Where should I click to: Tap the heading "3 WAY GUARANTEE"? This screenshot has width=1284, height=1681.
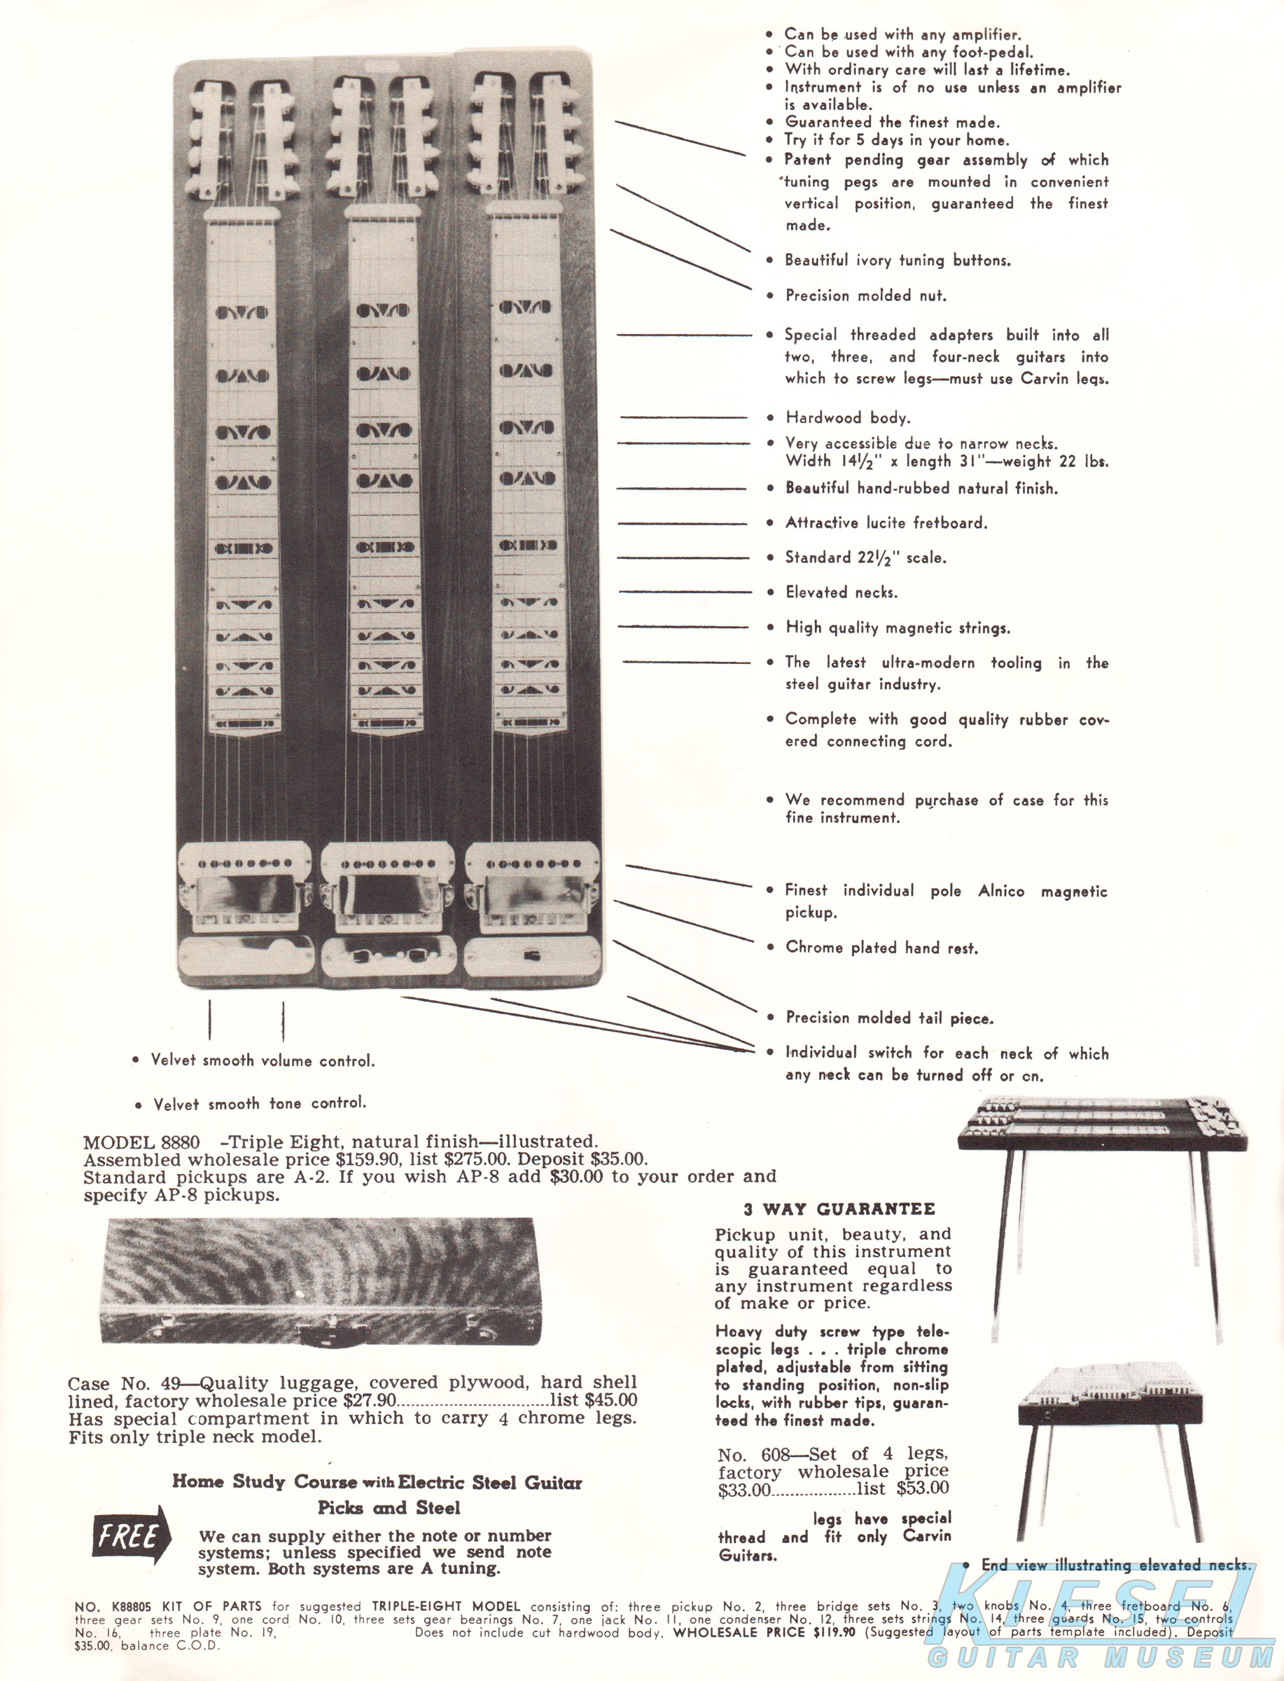pos(839,1210)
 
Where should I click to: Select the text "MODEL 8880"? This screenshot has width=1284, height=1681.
pos(141,1143)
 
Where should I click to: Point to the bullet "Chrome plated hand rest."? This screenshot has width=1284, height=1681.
pos(881,948)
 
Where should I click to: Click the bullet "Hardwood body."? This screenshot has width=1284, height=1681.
pos(848,417)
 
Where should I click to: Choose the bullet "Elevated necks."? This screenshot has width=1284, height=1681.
pos(842,593)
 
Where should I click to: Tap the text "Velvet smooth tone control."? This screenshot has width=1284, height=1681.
pos(260,1104)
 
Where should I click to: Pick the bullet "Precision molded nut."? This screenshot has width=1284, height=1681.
pos(866,296)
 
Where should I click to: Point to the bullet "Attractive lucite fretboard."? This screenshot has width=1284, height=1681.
pos(886,523)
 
